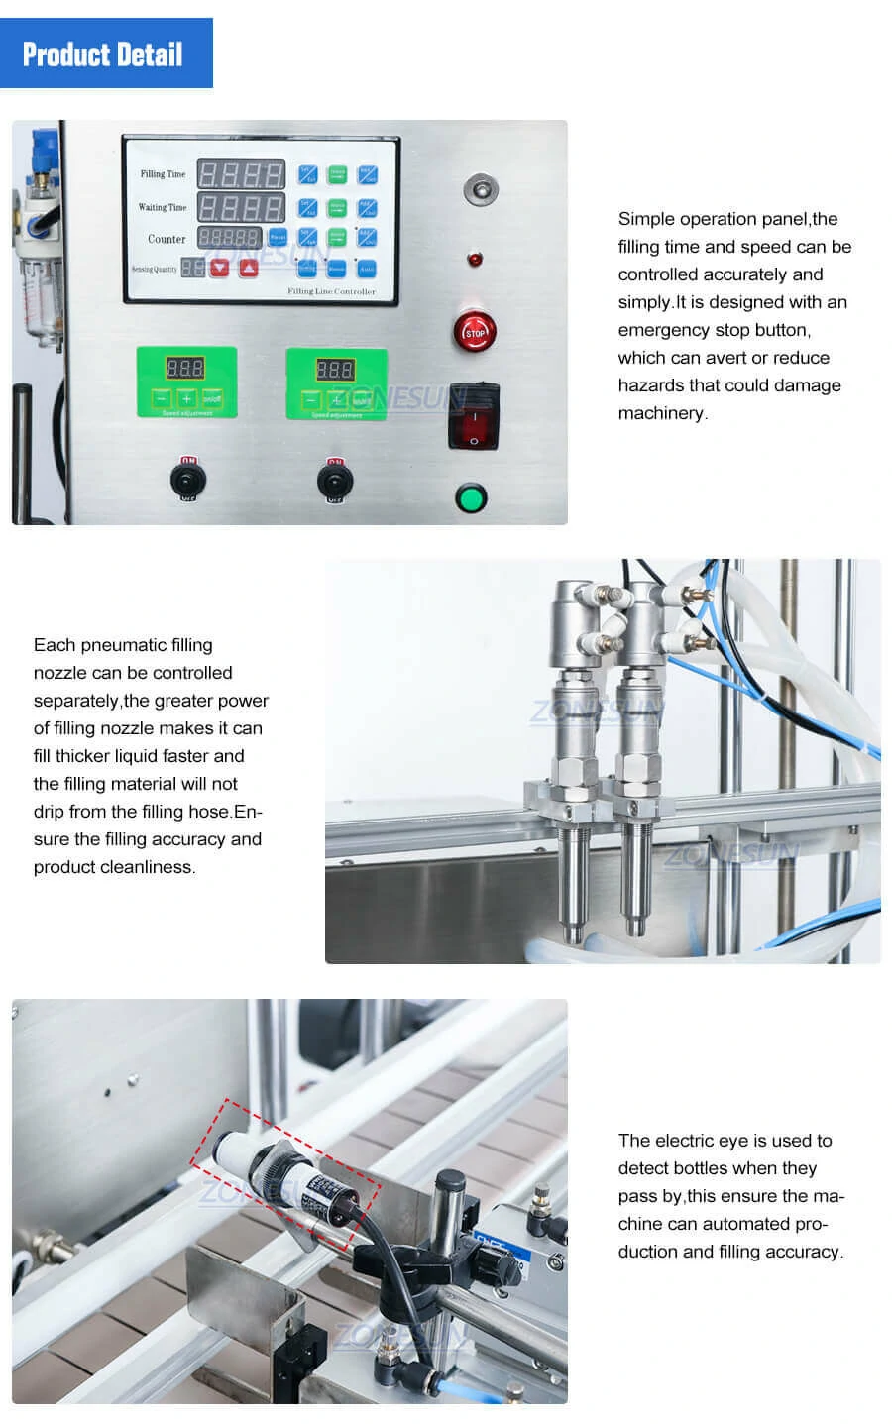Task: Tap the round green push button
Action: click(470, 497)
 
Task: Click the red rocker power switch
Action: click(473, 415)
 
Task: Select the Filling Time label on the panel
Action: click(163, 174)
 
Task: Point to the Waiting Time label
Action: click(162, 207)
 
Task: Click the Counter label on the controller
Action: click(166, 239)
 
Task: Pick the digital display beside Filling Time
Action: click(241, 174)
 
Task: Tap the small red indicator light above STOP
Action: click(475, 260)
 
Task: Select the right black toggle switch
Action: click(335, 482)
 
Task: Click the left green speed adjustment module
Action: click(186, 382)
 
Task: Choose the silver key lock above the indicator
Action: click(481, 188)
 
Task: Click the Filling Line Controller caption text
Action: click(331, 291)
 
